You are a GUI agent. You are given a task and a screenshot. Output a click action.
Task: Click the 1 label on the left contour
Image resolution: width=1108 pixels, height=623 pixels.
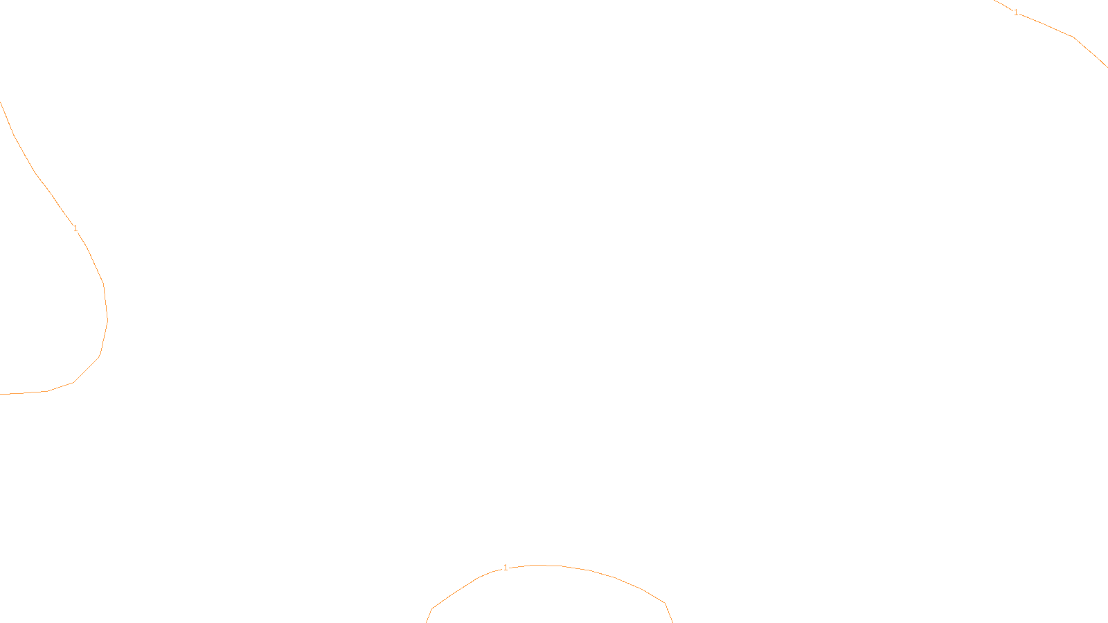tap(75, 228)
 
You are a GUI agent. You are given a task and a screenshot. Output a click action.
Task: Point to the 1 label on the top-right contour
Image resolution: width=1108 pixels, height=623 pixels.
tap(1016, 12)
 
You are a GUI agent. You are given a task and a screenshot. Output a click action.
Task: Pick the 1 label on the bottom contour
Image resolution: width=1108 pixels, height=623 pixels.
tap(506, 568)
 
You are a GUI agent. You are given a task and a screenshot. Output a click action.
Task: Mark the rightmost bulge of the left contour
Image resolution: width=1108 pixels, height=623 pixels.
tap(107, 320)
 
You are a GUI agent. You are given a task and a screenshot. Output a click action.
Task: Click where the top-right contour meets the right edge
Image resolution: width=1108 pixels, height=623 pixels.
tap(1107, 66)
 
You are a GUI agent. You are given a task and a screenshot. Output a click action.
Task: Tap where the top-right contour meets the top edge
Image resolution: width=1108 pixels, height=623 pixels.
tap(994, 1)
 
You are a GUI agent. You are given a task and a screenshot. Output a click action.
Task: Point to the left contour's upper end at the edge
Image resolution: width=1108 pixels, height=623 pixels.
tap(1, 102)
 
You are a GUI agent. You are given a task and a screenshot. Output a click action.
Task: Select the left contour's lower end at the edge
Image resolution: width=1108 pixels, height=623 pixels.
tap(1, 394)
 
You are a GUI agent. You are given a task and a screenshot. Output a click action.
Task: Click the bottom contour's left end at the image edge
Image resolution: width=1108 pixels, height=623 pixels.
tap(427, 621)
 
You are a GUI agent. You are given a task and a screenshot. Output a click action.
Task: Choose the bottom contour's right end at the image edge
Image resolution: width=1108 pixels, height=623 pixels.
tap(672, 621)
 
